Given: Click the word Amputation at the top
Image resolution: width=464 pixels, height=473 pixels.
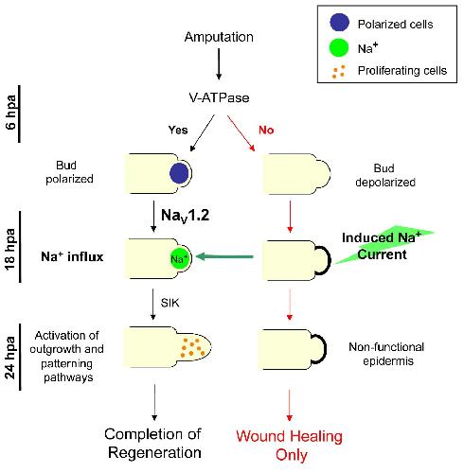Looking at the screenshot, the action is coord(219,37).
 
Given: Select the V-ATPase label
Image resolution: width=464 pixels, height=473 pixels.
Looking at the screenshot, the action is coord(219,97).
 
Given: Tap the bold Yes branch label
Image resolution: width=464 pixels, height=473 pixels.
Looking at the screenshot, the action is coord(178,130).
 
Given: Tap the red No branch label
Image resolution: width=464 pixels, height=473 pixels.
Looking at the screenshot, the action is coord(266,130).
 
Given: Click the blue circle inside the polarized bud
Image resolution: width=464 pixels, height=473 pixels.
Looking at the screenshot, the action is coord(179,173).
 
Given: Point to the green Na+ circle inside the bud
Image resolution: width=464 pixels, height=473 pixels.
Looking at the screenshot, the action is coord(179,259).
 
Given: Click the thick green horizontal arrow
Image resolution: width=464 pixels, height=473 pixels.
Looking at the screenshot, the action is coord(224,256).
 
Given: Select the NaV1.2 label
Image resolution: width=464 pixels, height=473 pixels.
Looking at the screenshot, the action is coord(185,216).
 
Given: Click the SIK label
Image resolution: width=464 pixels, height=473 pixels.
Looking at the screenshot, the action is coord(170,303).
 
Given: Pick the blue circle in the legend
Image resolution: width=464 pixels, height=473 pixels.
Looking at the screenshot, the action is coord(339,23).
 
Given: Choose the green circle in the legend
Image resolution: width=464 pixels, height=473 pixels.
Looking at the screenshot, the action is coord(339,47).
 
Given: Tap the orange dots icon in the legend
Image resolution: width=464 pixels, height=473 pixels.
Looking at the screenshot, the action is coord(339,72).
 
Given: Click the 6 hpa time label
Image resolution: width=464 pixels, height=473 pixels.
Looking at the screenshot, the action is coord(11,113).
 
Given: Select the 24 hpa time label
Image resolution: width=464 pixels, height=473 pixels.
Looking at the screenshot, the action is coord(10,358).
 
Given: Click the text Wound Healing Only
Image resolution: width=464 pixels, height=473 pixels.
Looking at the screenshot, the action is coord(290,446).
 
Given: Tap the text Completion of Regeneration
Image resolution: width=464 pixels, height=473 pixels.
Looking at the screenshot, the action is coord(153,443).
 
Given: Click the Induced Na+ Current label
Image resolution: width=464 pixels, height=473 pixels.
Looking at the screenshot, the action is coord(382,246).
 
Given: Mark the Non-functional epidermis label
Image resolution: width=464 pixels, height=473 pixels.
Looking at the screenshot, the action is coord(386,354).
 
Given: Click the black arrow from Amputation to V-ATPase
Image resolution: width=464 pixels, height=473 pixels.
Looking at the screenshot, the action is coord(219,63).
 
